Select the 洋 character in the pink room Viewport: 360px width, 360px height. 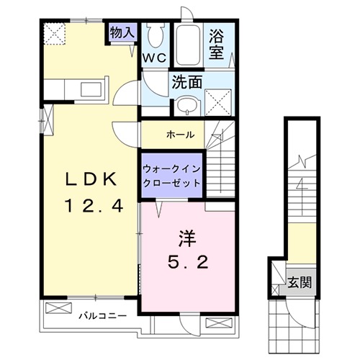tap(186, 237)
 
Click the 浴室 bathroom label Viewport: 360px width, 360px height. tap(218, 42)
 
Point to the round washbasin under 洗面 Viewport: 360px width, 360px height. tap(186, 105)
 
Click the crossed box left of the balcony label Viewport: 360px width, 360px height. tap(56, 310)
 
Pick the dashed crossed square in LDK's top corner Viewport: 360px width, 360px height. tap(55, 32)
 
